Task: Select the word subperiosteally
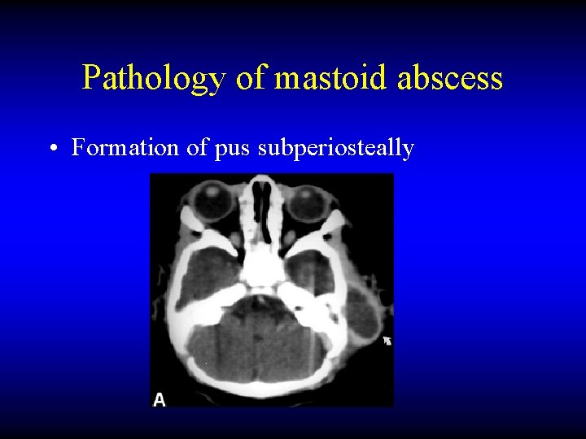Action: (x=336, y=149)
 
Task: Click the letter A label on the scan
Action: (x=160, y=398)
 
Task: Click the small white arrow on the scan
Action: (x=387, y=341)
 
